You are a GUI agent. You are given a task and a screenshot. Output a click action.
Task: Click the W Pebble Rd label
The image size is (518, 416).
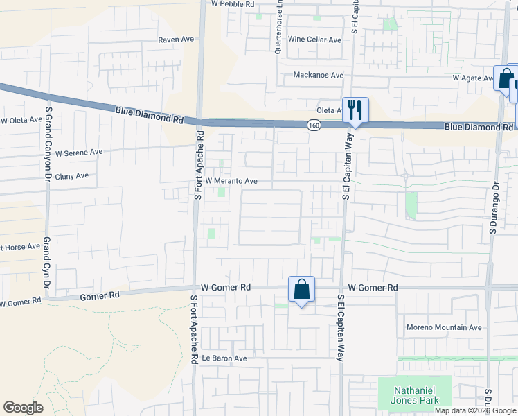[233, 3]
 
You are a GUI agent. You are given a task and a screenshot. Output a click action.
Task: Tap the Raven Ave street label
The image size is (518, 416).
[176, 40]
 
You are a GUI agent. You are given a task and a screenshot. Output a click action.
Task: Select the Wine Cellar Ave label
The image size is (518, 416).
[314, 40]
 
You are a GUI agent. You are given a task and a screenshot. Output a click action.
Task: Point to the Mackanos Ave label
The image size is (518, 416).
[318, 75]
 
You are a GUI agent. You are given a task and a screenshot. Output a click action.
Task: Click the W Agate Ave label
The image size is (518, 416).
[472, 78]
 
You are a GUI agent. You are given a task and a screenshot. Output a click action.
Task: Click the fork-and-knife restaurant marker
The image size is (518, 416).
[355, 110]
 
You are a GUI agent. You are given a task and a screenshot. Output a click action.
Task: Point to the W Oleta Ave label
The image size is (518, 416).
[21, 120]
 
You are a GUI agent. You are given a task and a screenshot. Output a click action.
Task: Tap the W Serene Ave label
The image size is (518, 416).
[79, 152]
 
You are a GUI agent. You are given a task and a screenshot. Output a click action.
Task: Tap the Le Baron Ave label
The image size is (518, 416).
[224, 358]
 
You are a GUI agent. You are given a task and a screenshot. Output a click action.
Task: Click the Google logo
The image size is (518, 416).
[23, 408]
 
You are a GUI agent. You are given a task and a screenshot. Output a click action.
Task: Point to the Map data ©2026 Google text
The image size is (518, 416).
[476, 410]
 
